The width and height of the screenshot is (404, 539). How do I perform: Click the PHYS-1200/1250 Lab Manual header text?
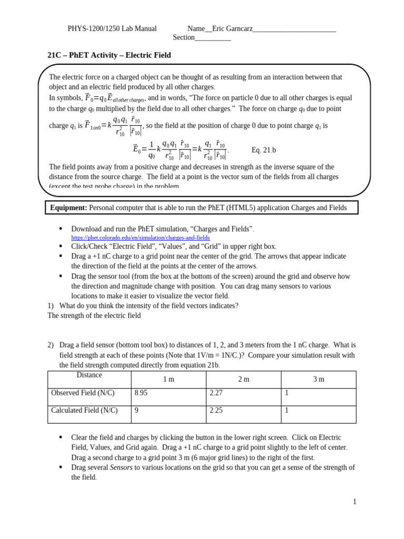(112, 28)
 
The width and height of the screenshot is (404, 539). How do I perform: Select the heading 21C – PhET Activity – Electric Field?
(109, 55)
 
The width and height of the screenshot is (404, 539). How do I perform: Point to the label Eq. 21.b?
(264, 150)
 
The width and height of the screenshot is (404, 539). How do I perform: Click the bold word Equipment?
(68, 208)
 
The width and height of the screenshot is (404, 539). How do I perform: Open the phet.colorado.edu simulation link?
(140, 238)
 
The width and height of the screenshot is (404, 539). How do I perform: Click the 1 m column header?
(168, 379)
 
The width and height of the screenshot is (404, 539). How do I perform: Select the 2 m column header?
(243, 379)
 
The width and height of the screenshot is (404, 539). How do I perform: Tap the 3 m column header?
(319, 379)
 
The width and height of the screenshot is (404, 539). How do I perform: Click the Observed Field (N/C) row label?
(83, 393)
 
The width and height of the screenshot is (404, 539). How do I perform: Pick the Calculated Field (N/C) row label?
(84, 411)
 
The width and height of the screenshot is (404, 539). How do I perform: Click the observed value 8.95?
(142, 393)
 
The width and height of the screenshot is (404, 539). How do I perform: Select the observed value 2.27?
(217, 393)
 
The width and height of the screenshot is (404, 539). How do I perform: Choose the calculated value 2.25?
(217, 411)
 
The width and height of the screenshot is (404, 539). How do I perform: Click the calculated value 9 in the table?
(137, 411)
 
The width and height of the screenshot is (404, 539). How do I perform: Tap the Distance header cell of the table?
(89, 375)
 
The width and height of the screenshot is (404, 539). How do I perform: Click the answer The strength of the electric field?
(94, 316)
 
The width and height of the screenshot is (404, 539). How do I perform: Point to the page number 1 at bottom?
(355, 502)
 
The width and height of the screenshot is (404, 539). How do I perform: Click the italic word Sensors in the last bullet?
(120, 467)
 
